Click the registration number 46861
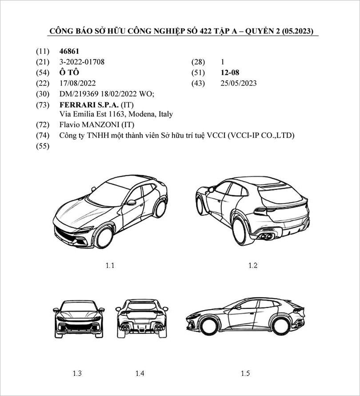point(69,52)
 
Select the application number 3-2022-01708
point(82,62)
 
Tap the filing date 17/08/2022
point(77,83)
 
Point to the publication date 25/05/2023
point(238,83)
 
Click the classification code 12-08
point(230,73)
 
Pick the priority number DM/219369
point(80,94)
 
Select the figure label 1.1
point(110,266)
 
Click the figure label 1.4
point(140,373)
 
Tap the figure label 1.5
point(245,373)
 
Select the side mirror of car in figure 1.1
point(131,202)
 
